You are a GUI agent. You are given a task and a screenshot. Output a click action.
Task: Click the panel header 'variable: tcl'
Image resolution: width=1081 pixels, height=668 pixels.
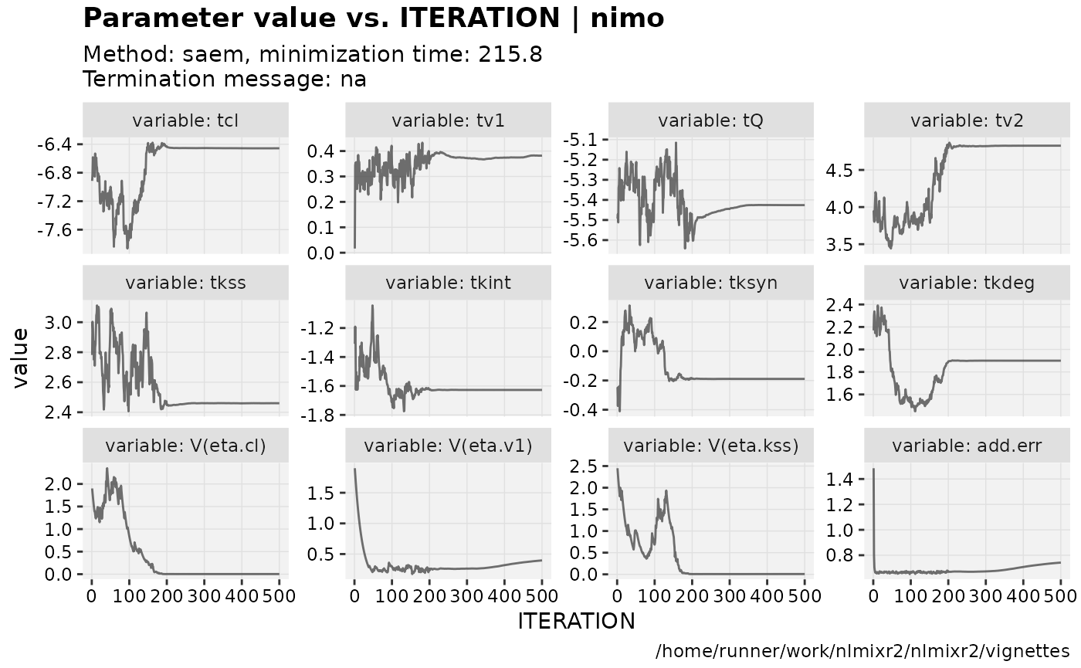coord(185,120)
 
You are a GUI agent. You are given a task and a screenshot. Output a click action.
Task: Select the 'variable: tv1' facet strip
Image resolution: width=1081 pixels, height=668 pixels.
coord(449,120)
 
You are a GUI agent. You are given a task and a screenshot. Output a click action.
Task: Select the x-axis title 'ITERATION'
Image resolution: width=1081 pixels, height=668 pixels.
coord(576,621)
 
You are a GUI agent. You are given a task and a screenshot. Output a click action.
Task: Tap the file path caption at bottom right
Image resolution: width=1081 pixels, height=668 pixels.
coord(862,650)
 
